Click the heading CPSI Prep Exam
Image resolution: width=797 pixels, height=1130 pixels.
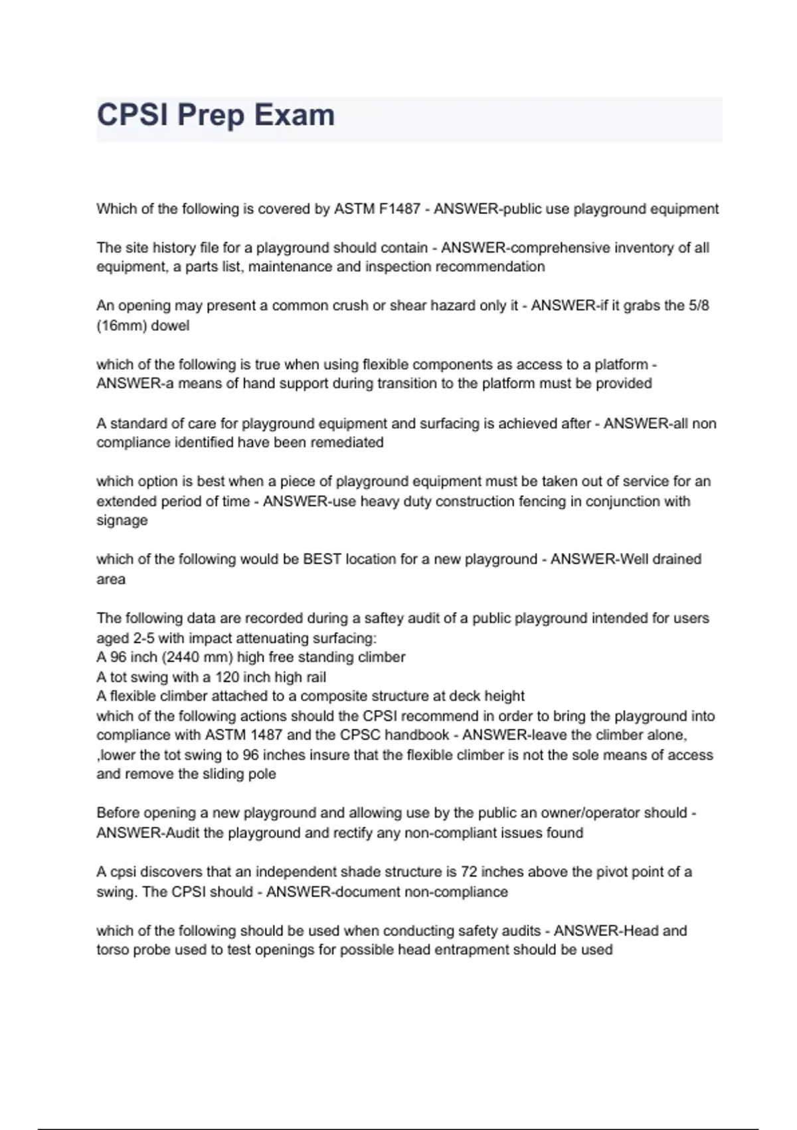pyautogui.click(x=216, y=115)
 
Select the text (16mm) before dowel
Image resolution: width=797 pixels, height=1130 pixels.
pyautogui.click(x=122, y=326)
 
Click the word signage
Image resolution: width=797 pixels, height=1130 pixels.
pyautogui.click(x=122, y=520)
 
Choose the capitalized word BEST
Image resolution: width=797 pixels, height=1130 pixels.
pyautogui.click(x=322, y=559)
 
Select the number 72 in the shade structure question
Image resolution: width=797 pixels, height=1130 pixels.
pyautogui.click(x=470, y=872)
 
